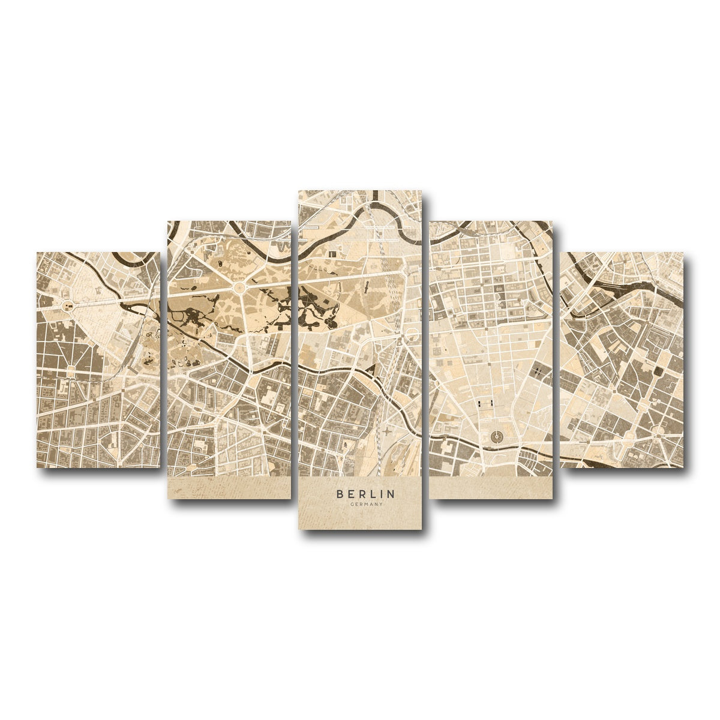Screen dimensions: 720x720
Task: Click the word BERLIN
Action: tap(365, 494)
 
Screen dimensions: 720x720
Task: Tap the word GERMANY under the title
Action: tap(365, 505)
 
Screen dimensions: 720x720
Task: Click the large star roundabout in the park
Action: tap(240, 289)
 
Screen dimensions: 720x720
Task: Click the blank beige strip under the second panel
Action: tap(229, 488)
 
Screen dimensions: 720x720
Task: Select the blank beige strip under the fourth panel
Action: tap(491, 488)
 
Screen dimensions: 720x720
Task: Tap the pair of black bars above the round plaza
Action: tap(485, 403)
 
